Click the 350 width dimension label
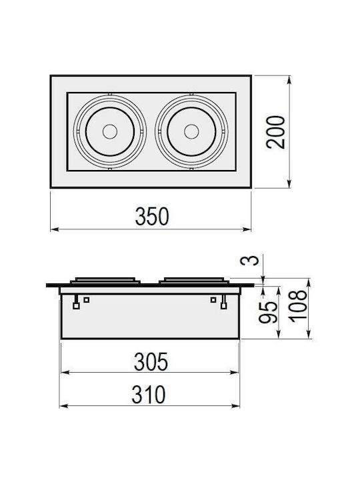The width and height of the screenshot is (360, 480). click(x=152, y=217)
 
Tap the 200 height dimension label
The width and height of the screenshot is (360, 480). click(x=275, y=132)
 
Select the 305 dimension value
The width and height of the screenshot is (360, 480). click(x=151, y=361)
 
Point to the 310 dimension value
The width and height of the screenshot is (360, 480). click(x=149, y=395)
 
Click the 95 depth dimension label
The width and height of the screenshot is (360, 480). click(x=269, y=312)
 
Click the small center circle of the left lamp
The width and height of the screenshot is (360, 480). click(x=110, y=131)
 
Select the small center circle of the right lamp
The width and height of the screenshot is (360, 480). click(x=191, y=131)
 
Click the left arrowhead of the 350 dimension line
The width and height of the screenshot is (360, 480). click(x=54, y=229)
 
